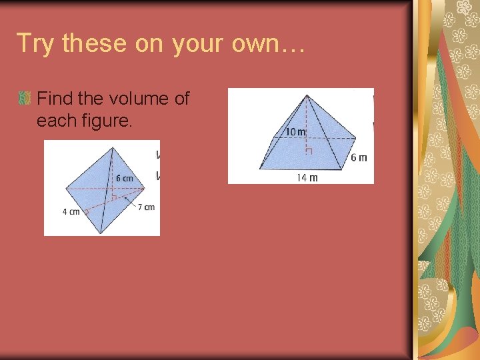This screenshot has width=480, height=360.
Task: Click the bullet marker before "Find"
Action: [x=25, y=99]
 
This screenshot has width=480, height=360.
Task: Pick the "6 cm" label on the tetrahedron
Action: [x=124, y=178]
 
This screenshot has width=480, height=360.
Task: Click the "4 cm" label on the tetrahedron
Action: [x=71, y=212]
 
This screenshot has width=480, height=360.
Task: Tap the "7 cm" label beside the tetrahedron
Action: [x=147, y=207]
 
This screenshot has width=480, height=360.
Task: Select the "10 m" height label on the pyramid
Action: [x=295, y=132]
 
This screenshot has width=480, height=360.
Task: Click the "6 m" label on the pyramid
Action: [x=359, y=158]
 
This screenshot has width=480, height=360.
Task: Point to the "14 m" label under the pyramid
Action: [x=307, y=177]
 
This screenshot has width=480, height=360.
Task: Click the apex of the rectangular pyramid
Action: [x=305, y=95]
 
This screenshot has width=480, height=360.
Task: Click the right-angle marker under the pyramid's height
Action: [x=307, y=151]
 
